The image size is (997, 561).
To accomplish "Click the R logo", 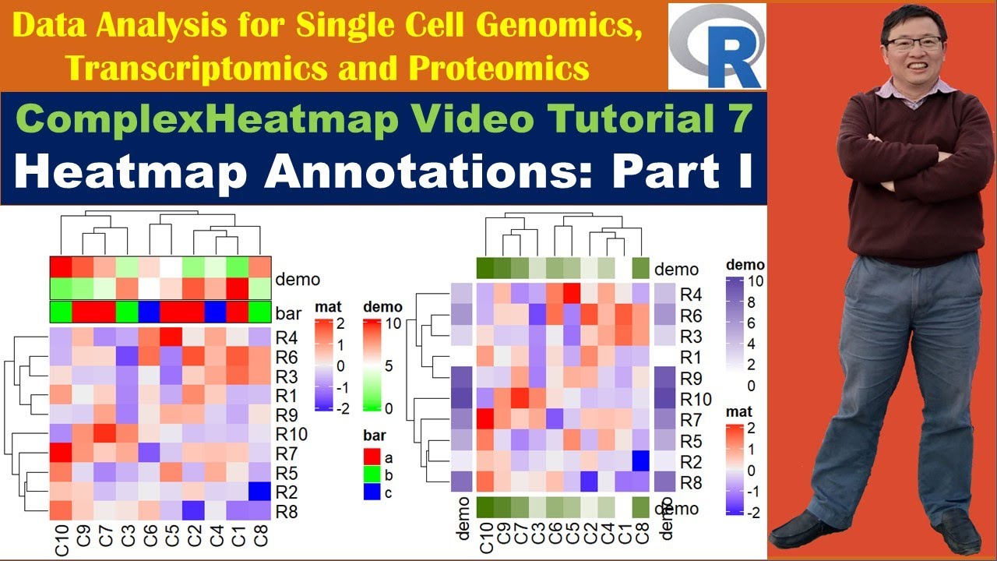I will pyautogui.click(x=717, y=46).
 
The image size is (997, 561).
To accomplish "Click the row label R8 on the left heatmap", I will pyautogui.click(x=286, y=511).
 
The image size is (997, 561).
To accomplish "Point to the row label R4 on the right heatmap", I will pyautogui.click(x=690, y=295).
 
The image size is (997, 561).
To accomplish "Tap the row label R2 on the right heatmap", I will pyautogui.click(x=690, y=461).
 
